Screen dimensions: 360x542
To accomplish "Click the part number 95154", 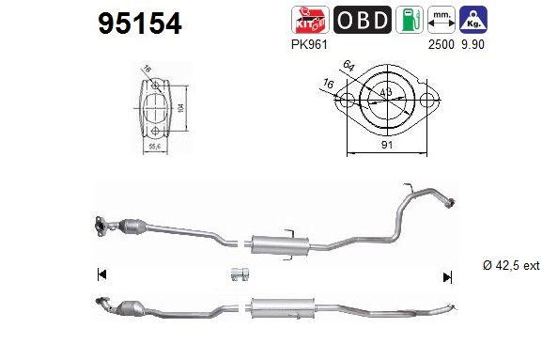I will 140,23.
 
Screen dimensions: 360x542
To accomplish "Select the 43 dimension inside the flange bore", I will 387,92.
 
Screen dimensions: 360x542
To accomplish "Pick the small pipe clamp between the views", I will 239,275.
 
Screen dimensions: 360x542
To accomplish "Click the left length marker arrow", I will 101,275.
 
